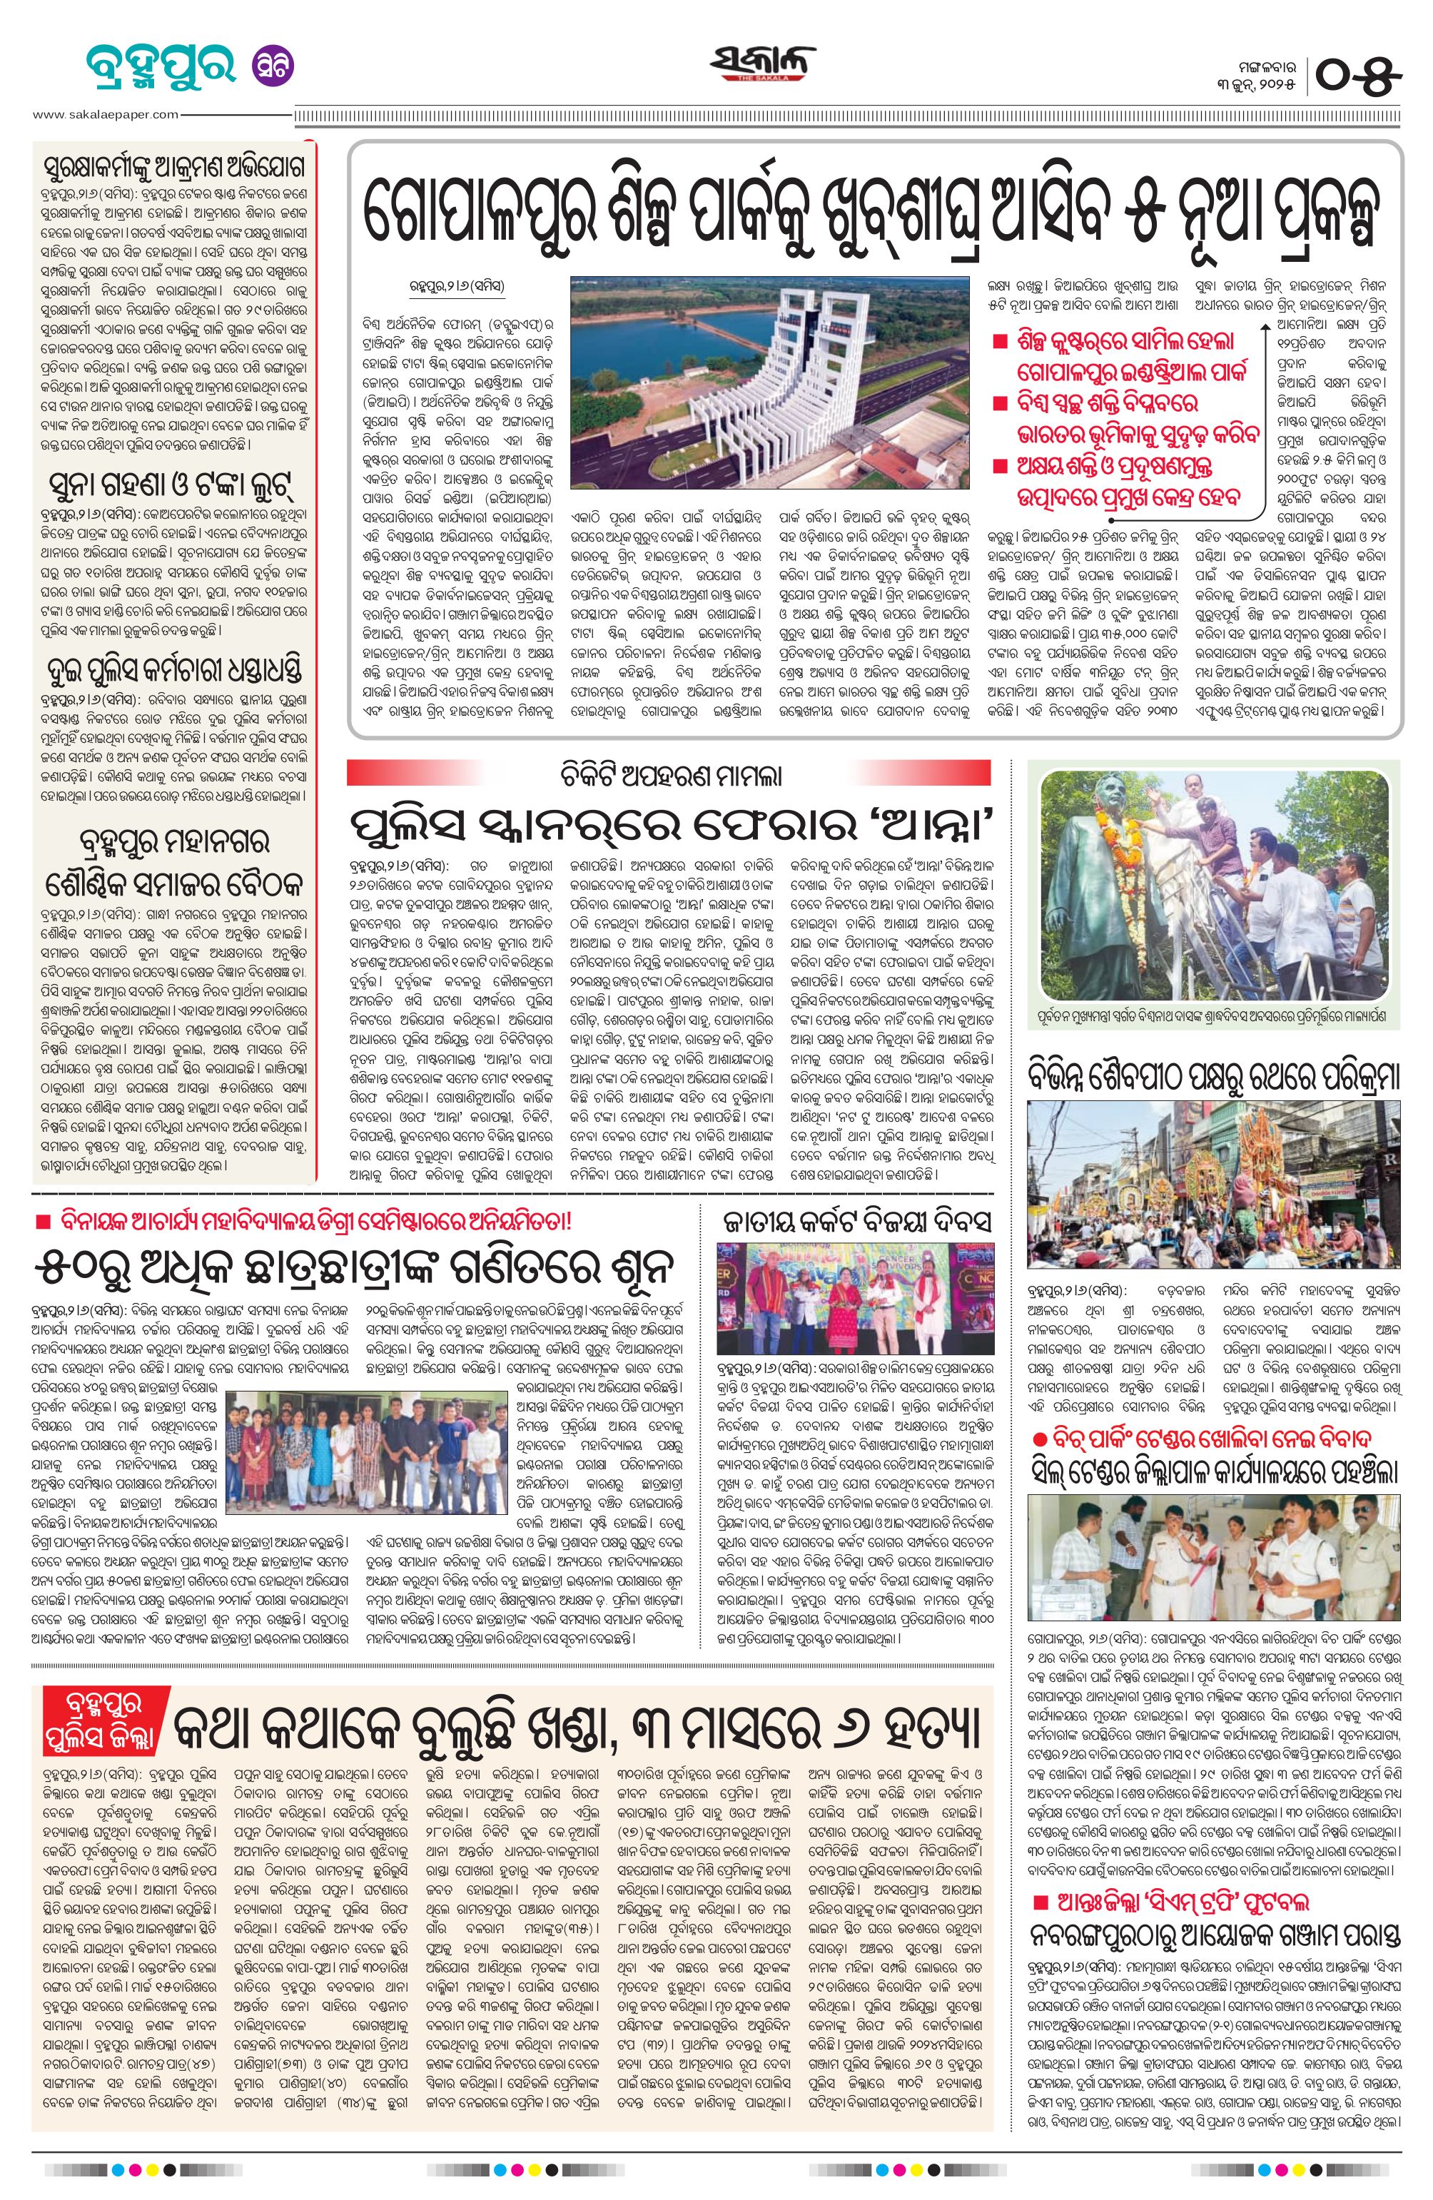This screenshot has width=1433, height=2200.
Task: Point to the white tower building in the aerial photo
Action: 814,388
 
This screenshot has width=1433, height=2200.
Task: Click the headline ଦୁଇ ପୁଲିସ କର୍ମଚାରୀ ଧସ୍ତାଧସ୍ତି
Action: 174,669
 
